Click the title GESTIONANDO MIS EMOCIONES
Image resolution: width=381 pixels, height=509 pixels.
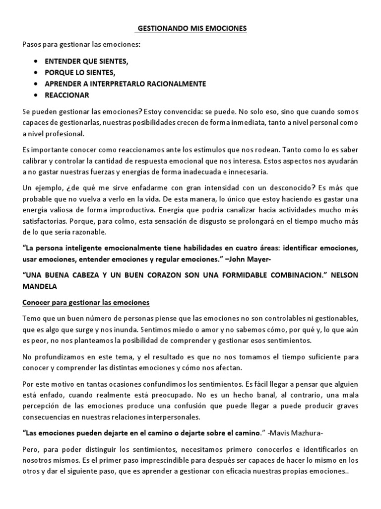pos(191,29)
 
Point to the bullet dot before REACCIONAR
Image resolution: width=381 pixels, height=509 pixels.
pos(36,95)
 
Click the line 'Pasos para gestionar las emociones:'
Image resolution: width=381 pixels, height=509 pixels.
pos(81,45)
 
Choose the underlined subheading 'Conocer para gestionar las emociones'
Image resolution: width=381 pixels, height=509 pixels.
pos(86,303)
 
